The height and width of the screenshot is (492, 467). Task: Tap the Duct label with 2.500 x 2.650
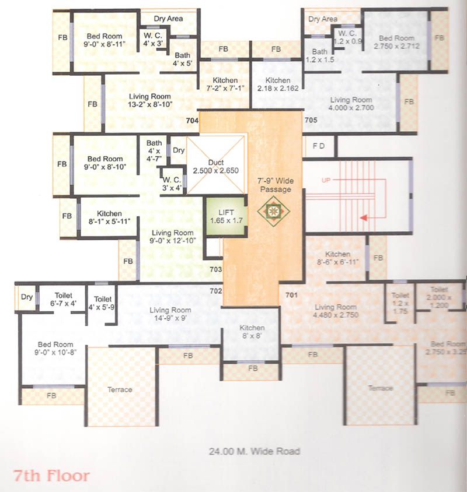pyautogui.click(x=215, y=166)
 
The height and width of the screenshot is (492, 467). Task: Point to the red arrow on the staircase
pyautogui.click(x=365, y=218)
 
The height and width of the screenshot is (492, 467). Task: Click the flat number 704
pyautogui.click(x=192, y=121)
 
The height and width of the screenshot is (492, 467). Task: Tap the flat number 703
pyautogui.click(x=215, y=269)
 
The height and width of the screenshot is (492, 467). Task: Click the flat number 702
pyautogui.click(x=215, y=290)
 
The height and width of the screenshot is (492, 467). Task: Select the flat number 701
pyautogui.click(x=291, y=295)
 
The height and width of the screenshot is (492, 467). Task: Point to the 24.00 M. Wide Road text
pyautogui.click(x=254, y=451)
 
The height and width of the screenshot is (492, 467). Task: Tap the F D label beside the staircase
pyautogui.click(x=319, y=146)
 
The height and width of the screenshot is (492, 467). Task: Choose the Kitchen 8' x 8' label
pyautogui.click(x=252, y=332)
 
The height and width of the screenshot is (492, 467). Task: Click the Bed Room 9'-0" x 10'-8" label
pyautogui.click(x=57, y=347)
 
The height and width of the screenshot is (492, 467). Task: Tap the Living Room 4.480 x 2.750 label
pyautogui.click(x=336, y=311)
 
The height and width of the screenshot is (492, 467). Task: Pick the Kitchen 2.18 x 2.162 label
pyautogui.click(x=278, y=85)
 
